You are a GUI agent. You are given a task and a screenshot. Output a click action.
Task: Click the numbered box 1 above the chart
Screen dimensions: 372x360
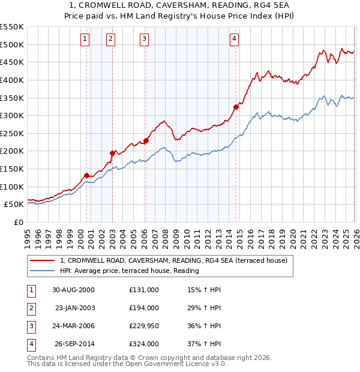85,39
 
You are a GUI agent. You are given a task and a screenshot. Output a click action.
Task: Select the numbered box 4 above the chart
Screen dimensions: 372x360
234,39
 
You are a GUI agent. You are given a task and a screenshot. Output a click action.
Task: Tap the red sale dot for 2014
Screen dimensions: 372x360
236,107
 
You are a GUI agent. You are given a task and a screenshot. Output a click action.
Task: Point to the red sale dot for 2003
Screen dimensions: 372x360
112,153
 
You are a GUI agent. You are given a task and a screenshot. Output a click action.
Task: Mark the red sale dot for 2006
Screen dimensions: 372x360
146,140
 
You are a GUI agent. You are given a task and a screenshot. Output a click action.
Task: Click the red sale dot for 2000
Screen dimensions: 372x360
87,175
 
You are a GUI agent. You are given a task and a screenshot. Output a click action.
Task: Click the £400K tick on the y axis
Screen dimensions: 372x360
12,80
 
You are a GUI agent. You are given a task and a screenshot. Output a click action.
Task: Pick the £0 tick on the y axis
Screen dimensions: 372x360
18,222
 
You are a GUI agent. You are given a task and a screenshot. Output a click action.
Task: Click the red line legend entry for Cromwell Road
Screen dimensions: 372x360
174,260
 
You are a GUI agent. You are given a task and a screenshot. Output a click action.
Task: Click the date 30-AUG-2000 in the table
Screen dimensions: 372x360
73,290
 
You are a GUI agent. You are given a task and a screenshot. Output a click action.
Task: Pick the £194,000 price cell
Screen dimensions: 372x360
144,308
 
